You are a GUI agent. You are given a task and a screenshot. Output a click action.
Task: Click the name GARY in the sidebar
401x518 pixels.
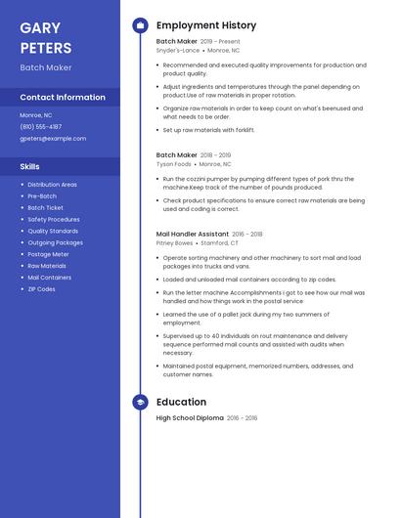tap(40, 28)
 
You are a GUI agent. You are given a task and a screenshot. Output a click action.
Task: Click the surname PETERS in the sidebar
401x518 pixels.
tap(45, 48)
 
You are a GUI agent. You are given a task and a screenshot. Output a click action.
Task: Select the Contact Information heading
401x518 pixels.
tap(63, 97)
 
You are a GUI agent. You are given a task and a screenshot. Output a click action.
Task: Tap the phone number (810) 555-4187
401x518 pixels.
tap(41, 126)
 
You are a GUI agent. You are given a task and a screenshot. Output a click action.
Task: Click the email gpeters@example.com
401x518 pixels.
tap(53, 138)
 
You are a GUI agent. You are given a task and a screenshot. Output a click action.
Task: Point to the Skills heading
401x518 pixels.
tap(30, 166)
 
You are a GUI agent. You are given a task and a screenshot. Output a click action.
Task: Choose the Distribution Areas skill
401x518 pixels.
tap(52, 184)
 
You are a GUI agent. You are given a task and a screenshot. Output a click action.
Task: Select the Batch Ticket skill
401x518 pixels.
tap(45, 207)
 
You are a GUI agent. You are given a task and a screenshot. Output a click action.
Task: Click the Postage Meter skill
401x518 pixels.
tap(48, 254)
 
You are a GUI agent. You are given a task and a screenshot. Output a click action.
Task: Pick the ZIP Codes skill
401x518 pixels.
tap(41, 289)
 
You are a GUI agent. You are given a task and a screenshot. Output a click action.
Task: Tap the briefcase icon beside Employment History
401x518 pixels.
tap(140, 25)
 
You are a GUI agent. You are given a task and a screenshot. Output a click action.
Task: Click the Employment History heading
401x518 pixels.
tap(206, 25)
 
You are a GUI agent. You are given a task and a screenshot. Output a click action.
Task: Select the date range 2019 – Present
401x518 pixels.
tap(220, 42)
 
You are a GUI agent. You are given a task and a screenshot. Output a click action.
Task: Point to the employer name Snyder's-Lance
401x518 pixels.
tap(177, 50)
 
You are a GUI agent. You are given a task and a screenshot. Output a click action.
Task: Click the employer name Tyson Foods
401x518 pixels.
tap(173, 164)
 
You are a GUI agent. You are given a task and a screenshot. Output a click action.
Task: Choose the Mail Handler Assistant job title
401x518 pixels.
tap(192, 235)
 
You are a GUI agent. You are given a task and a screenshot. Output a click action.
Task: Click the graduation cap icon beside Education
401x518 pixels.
tap(140, 402)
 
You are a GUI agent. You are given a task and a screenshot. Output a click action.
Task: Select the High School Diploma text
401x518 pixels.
tap(189, 418)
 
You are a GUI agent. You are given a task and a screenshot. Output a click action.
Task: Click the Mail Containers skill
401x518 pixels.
tap(49, 278)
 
